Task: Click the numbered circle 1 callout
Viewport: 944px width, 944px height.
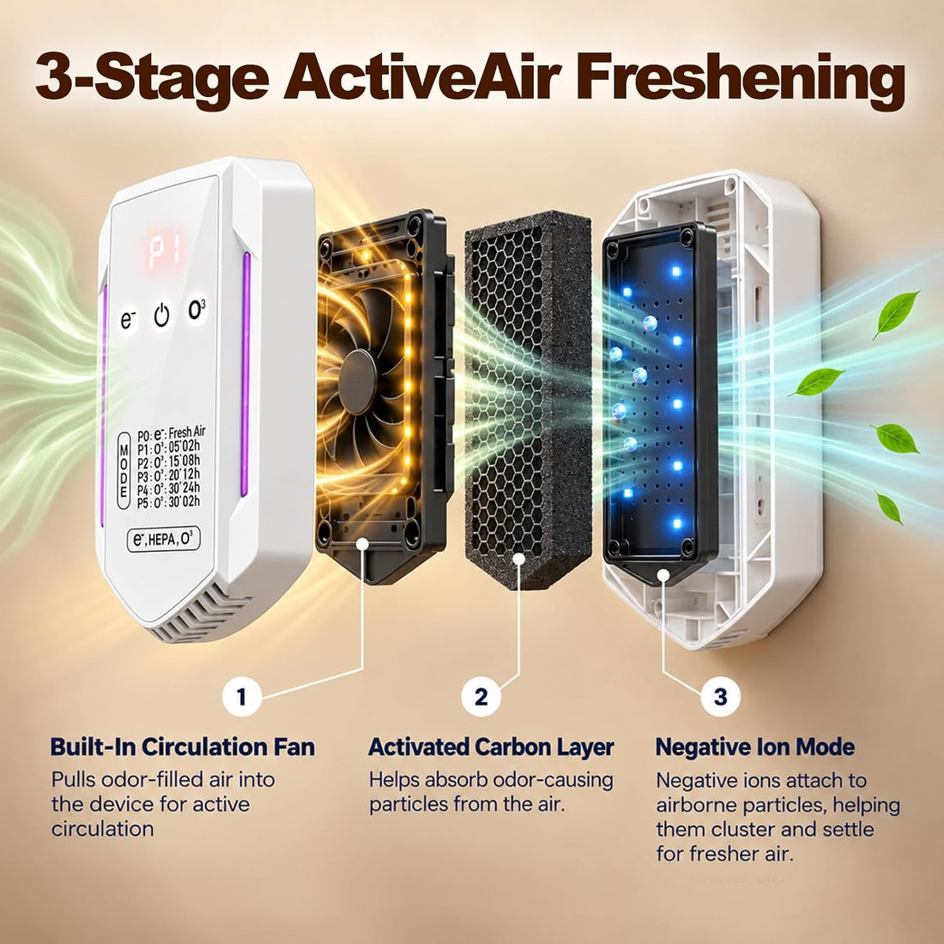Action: click(x=241, y=697)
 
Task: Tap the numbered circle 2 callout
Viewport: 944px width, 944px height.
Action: click(x=481, y=697)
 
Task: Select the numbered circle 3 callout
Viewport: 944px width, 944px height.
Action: click(x=721, y=697)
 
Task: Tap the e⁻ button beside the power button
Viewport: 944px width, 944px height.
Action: click(x=128, y=320)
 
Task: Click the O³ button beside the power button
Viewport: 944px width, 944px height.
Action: click(x=197, y=310)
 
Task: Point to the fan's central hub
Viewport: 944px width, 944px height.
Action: click(x=358, y=381)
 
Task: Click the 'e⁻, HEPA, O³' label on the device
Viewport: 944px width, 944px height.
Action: click(x=163, y=539)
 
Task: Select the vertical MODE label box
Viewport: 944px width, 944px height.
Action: click(x=124, y=470)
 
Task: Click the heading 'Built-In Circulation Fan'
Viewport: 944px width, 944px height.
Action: click(x=183, y=747)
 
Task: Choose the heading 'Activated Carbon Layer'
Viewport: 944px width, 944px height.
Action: click(x=491, y=747)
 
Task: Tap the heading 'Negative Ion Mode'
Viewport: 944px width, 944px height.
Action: click(x=755, y=747)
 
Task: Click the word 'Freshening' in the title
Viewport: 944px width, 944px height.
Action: click(x=741, y=79)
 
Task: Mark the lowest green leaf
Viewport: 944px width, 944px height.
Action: click(x=888, y=507)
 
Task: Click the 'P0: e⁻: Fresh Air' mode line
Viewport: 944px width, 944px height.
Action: click(x=172, y=433)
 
